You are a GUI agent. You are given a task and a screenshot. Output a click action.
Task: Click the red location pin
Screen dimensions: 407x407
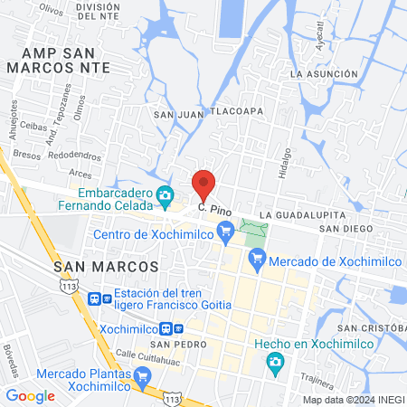(x=204, y=185)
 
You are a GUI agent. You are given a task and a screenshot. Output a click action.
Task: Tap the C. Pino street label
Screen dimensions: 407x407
(x=215, y=210)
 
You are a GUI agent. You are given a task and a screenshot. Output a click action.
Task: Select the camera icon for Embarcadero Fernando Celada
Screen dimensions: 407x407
(x=165, y=194)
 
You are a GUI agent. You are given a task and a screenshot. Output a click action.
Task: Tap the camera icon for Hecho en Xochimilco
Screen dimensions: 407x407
(x=274, y=363)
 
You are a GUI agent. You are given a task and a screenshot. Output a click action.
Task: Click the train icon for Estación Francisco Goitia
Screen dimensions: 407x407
(x=93, y=298)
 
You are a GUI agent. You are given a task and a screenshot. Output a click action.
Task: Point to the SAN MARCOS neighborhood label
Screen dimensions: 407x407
(x=106, y=268)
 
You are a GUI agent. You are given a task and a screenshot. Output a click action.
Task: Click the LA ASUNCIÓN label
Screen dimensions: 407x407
(x=321, y=73)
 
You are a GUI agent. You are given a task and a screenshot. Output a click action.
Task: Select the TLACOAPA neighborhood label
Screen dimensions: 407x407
(x=236, y=112)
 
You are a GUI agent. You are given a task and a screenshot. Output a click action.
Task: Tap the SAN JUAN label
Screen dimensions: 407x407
(x=175, y=115)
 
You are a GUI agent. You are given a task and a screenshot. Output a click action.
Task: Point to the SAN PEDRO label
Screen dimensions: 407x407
(x=173, y=345)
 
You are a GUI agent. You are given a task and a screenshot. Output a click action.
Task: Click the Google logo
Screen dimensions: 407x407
(x=30, y=395)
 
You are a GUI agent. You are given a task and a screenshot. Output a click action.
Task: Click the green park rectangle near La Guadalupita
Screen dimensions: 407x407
(x=255, y=229)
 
